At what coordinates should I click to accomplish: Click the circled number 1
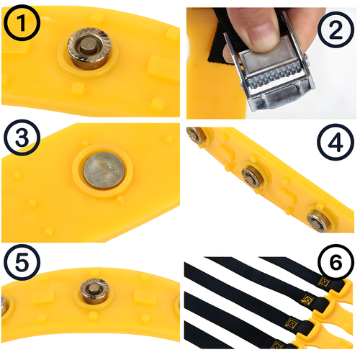(22, 22)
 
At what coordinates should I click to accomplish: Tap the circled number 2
(336, 30)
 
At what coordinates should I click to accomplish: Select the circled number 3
(22, 138)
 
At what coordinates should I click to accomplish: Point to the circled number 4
(336, 142)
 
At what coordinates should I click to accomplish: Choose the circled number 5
(22, 262)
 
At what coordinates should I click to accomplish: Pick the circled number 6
(336, 262)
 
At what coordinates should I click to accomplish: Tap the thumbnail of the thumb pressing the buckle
(262, 37)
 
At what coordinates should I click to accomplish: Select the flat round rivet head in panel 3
(104, 171)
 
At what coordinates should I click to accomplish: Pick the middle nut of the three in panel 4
(252, 177)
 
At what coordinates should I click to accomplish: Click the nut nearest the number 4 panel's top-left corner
(196, 135)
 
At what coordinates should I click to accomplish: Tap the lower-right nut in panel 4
(318, 220)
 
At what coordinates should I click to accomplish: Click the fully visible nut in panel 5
(95, 291)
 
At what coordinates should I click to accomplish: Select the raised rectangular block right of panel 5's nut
(145, 297)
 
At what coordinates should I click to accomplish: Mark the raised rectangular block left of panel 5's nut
(42, 298)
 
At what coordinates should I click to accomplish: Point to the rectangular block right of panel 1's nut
(163, 68)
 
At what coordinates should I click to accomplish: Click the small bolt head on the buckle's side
(306, 60)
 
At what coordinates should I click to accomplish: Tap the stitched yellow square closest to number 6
(324, 282)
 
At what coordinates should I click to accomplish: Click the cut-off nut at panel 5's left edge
(4, 305)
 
